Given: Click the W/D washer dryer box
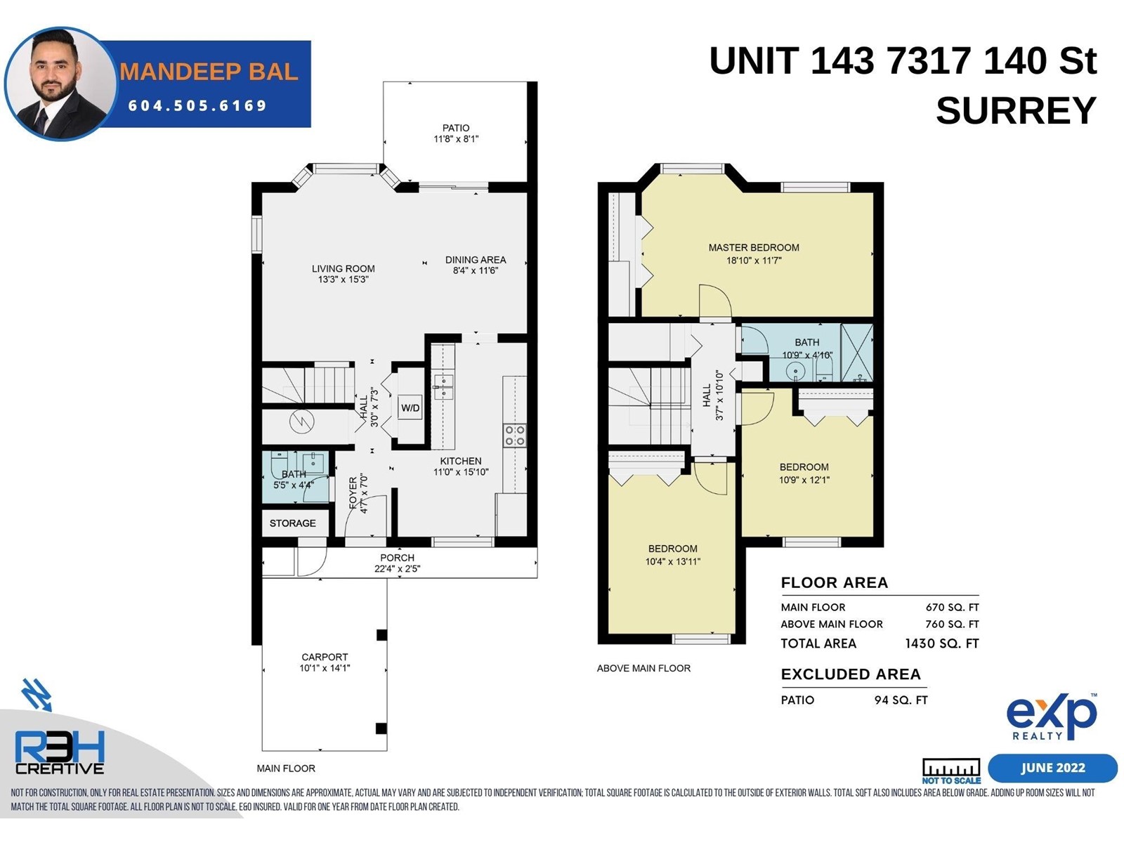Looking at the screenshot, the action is tap(410, 407).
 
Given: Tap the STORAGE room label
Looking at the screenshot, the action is tap(292, 523).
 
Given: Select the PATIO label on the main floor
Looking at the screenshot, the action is tap(456, 127).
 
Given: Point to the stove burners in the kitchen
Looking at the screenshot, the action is tap(515, 435).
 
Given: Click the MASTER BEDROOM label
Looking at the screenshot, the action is tap(754, 248).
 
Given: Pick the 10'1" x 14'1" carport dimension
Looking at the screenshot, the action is tap(325, 668).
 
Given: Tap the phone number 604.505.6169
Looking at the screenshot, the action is tap(197, 105).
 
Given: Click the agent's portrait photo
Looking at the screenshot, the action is tap(60, 84).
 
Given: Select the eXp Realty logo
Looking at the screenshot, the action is tap(1051, 717).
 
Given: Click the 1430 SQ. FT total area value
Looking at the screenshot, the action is tap(942, 643).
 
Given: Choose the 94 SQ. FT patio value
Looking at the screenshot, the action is tap(901, 700).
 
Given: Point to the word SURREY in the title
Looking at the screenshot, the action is tap(1016, 110).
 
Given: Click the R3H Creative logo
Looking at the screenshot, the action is tap(60, 752).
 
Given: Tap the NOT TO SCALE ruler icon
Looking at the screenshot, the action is tap(951, 771).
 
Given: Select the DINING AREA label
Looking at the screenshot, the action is tap(475, 260).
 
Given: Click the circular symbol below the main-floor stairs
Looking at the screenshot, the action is tap(301, 421).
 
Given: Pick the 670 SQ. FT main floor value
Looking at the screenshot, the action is tap(952, 608).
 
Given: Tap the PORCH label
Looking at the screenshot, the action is tap(398, 558).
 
